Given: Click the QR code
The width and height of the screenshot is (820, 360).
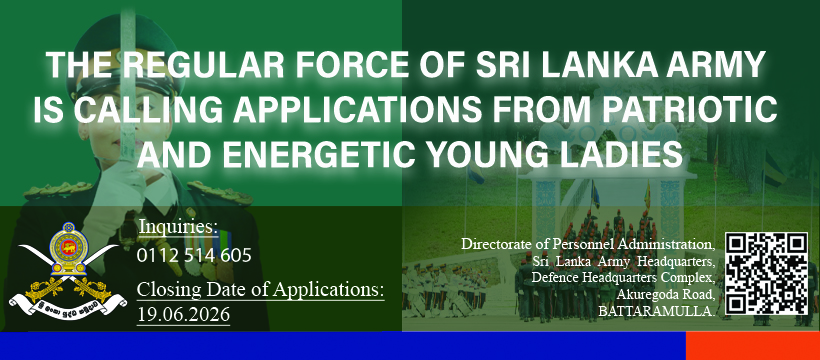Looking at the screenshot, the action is point(767,274).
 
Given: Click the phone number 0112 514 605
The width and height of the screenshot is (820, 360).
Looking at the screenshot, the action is point(194,255).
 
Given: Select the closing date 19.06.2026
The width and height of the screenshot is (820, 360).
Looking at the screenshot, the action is point(184,314).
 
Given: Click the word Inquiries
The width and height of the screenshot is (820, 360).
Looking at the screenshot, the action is point(178,227).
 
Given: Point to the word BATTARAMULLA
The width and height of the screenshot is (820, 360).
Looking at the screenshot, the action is point(657,312).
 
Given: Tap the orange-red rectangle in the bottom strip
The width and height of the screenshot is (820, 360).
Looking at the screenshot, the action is point(753,346).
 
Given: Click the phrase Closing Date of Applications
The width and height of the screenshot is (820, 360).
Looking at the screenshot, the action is point(260,290).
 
